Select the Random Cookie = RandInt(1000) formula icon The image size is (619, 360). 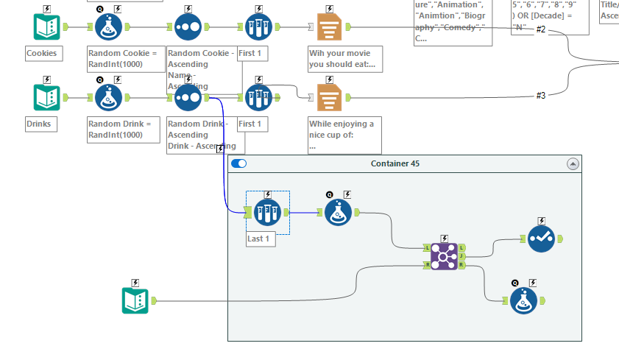click(x=109, y=27)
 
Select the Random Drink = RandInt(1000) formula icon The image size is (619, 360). click(x=109, y=97)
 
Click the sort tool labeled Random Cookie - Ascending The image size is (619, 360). click(x=188, y=27)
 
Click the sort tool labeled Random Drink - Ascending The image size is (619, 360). click(x=188, y=97)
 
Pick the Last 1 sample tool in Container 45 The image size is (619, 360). click(x=267, y=212)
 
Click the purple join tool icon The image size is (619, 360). click(x=444, y=256)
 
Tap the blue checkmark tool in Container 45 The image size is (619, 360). click(x=541, y=239)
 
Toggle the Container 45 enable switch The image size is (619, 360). click(x=238, y=163)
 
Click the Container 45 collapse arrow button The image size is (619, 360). click(x=573, y=163)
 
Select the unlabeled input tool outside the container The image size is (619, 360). click(x=135, y=300)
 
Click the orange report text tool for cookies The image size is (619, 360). click(x=328, y=27)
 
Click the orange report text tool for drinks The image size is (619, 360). click(x=328, y=97)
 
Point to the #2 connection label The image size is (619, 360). click(x=541, y=29)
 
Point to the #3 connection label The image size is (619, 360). click(x=541, y=96)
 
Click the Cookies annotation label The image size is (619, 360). click(x=42, y=53)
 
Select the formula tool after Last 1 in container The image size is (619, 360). click(x=338, y=212)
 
